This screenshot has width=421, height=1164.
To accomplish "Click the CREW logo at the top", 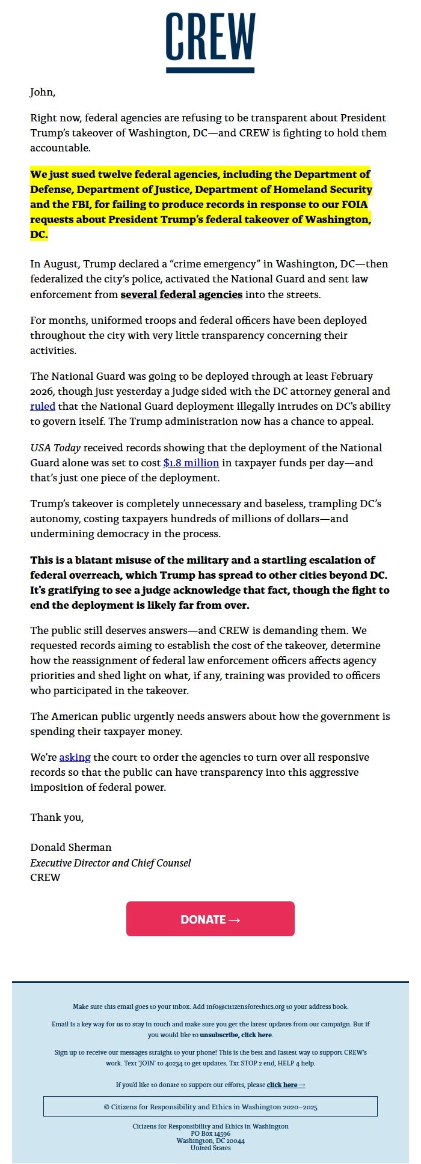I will pos(210,42).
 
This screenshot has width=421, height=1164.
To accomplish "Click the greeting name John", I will pos(43,92).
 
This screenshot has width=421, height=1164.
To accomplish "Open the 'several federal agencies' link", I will pos(181,294).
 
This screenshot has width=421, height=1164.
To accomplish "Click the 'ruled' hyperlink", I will pos(43,406).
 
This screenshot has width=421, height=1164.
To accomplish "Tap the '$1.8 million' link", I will pos(191,463).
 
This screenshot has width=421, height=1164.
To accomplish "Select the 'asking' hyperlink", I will pos(75,757).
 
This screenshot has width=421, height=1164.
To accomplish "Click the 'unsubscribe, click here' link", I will pos(236,1035).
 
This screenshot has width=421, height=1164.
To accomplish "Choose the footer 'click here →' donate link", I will pos(286,1085).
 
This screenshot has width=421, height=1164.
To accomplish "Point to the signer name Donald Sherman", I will pos(71,847).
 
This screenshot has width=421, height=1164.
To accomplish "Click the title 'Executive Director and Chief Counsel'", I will pos(111,863).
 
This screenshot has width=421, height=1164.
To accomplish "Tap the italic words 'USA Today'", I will pos(55,448).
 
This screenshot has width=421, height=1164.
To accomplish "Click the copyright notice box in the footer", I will pos(210,1106).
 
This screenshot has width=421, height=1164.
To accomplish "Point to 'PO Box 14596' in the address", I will pos(210,1133).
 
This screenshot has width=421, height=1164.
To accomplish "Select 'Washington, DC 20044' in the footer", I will pos(210,1141).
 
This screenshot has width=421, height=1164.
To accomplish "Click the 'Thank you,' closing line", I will pos(57,817).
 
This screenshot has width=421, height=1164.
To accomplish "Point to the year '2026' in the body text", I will pos(43,391).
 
